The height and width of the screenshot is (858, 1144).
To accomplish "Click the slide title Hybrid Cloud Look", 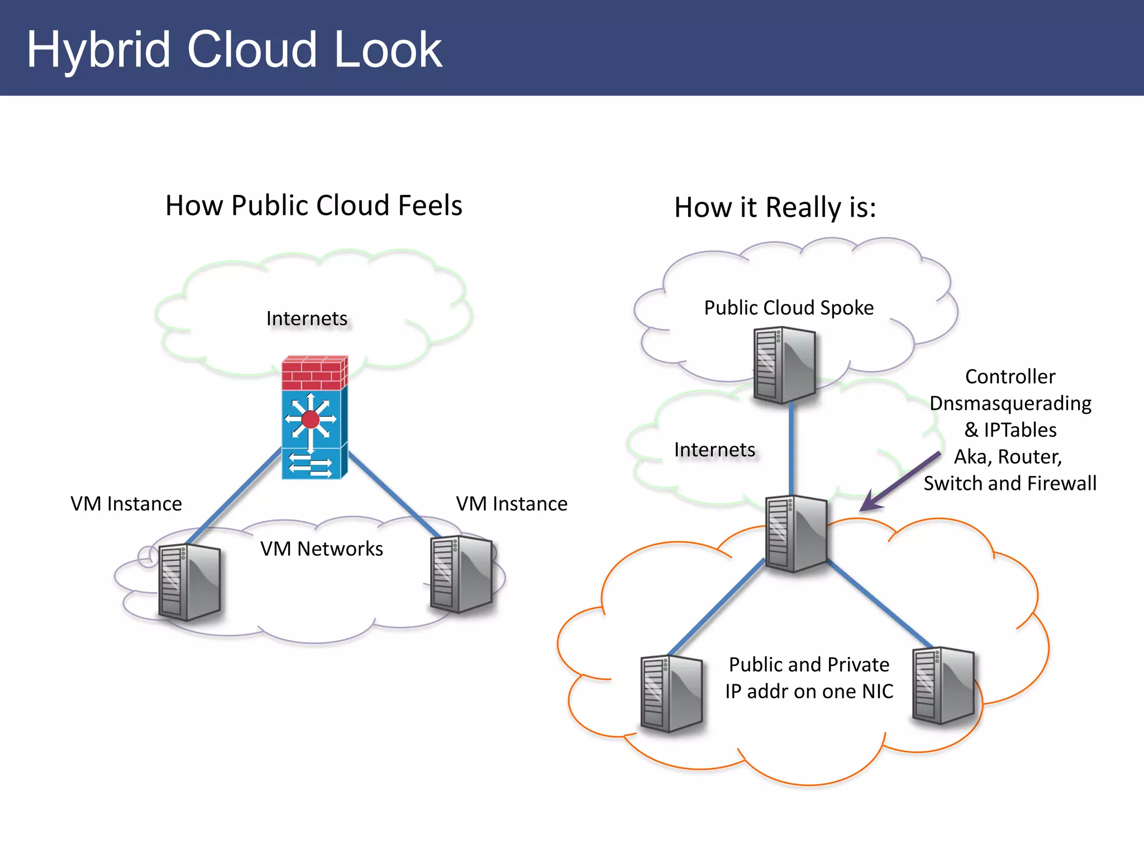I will coord(235,50).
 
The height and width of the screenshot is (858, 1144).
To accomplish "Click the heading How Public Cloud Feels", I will coord(313,205).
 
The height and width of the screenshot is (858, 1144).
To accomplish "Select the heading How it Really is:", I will coord(775,207).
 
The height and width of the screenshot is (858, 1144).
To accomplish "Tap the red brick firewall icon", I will coord(314,373).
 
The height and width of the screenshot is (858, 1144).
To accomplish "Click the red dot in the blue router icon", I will coord(310,419).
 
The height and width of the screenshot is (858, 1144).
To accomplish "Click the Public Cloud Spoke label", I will coord(788,308).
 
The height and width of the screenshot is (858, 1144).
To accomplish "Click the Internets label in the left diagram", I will coord(307,318).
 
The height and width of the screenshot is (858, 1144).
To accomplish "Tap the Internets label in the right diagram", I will coord(714,450).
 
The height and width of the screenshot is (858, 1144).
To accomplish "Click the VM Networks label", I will coord(321,549).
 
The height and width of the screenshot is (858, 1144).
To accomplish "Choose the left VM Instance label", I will coord(126,504).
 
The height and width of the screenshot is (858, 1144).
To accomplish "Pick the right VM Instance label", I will coord(512,504).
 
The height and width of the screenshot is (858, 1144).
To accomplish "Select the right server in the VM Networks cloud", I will coord(461,574).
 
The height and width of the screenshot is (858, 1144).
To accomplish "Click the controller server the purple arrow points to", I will coord(795,533).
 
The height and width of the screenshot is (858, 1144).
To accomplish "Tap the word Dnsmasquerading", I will coord(1010,403).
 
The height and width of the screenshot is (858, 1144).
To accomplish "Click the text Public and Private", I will coord(809,665).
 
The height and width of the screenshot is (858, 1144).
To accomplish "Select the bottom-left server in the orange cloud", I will coord(671,693).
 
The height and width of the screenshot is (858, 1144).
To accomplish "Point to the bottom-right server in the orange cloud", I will coord(943,685).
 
